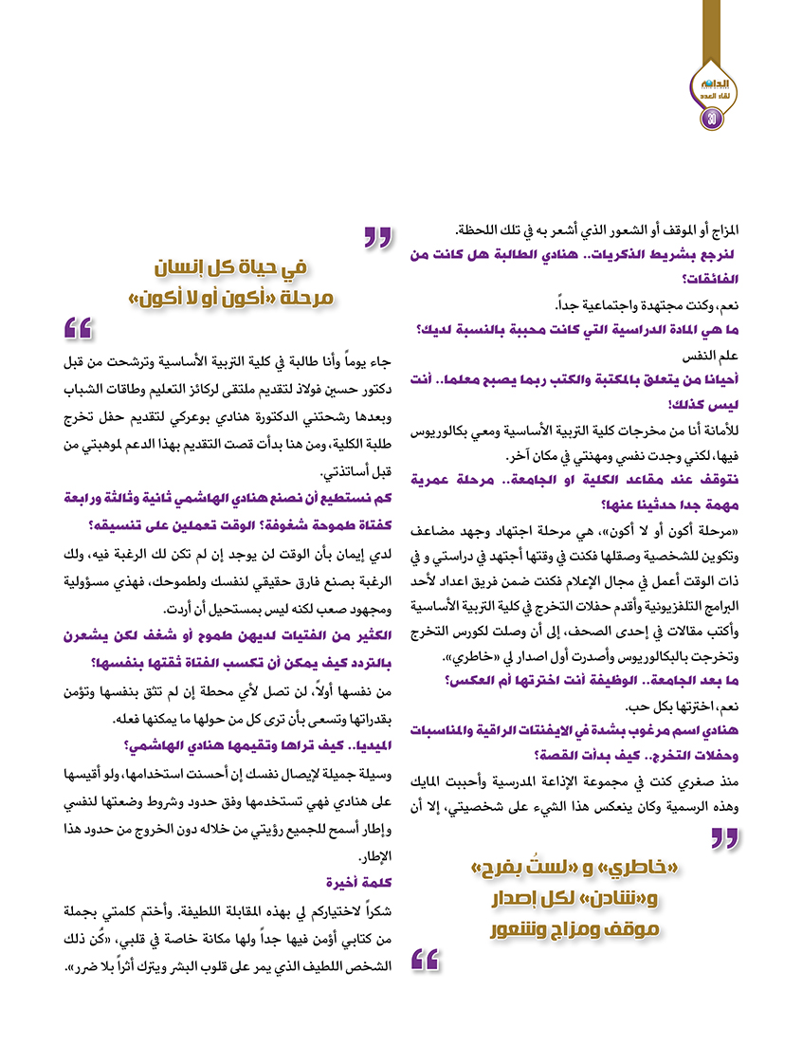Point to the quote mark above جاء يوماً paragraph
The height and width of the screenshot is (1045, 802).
coord(79,329)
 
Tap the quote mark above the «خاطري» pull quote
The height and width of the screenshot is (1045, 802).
coord(724,837)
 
